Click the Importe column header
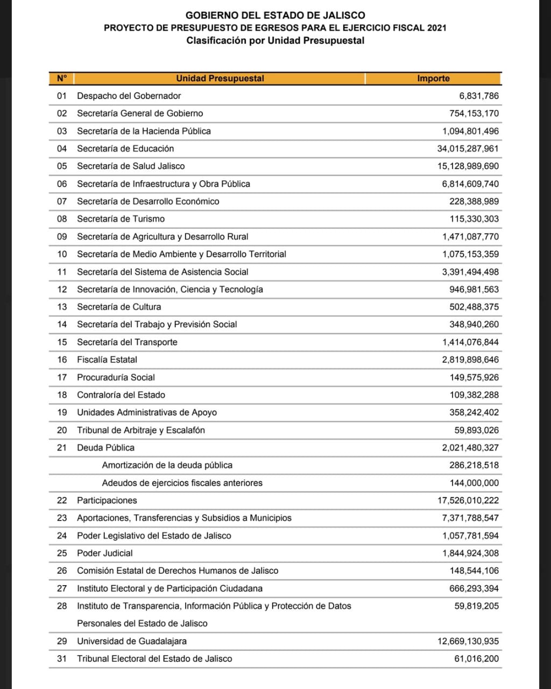click(433, 79)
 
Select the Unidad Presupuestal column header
click(220, 79)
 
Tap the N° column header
click(62, 79)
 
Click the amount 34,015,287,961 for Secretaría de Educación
click(468, 149)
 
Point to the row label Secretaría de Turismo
click(121, 219)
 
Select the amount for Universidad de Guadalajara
click(468, 641)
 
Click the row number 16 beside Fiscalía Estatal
click(62, 360)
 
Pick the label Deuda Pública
click(105, 448)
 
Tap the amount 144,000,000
click(474, 483)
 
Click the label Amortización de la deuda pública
click(167, 465)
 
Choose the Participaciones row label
click(107, 501)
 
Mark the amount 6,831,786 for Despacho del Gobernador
click(479, 96)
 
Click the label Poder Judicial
click(104, 553)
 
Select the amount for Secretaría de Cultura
click(474, 307)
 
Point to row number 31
click(62, 659)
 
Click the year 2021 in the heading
click(436, 28)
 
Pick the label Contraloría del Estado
click(121, 395)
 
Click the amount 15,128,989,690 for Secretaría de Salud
click(468, 166)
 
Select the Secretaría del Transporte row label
click(127, 342)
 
